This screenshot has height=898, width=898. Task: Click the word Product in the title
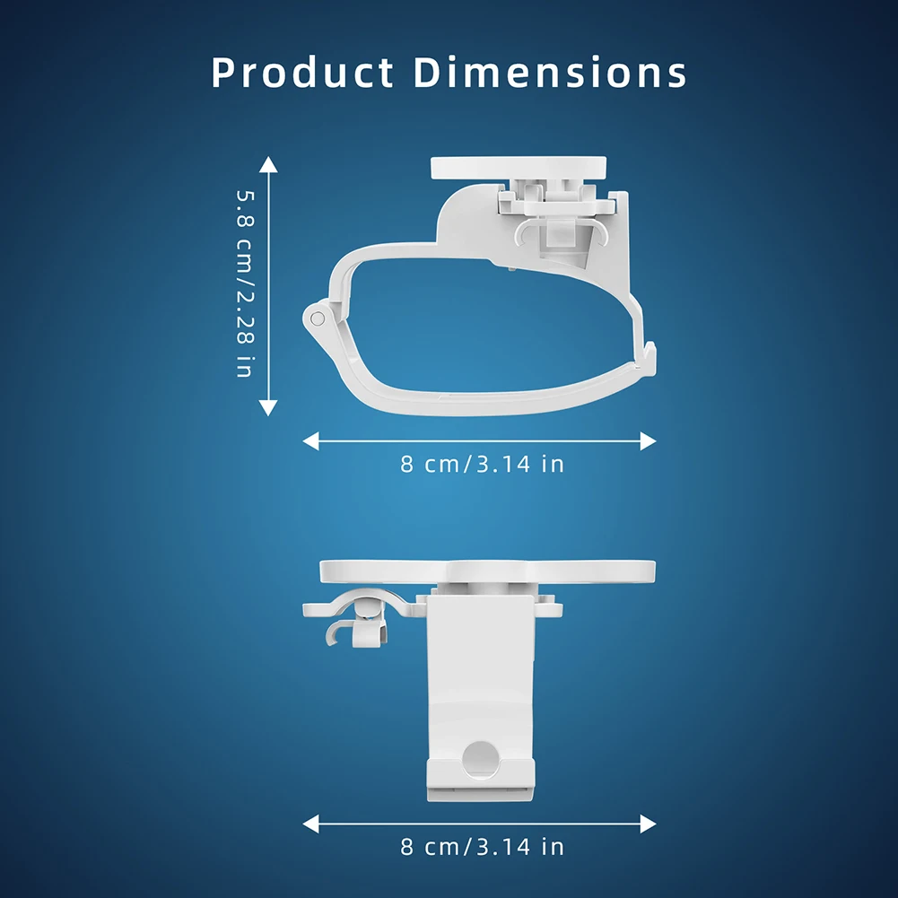coord(302,73)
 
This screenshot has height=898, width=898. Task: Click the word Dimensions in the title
coord(550,73)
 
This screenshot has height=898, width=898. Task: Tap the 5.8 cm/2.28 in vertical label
coord(245,284)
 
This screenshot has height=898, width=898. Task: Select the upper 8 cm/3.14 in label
coord(483,464)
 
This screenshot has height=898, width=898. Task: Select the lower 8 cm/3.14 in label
coord(483,847)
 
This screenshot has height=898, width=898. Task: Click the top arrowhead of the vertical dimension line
coord(268,164)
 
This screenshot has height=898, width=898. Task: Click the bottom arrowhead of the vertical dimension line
coord(268,407)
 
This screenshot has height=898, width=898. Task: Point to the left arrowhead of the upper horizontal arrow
coord(310,441)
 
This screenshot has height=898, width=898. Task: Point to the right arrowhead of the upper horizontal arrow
coord(648,441)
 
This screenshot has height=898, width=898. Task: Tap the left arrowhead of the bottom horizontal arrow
coord(310,824)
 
